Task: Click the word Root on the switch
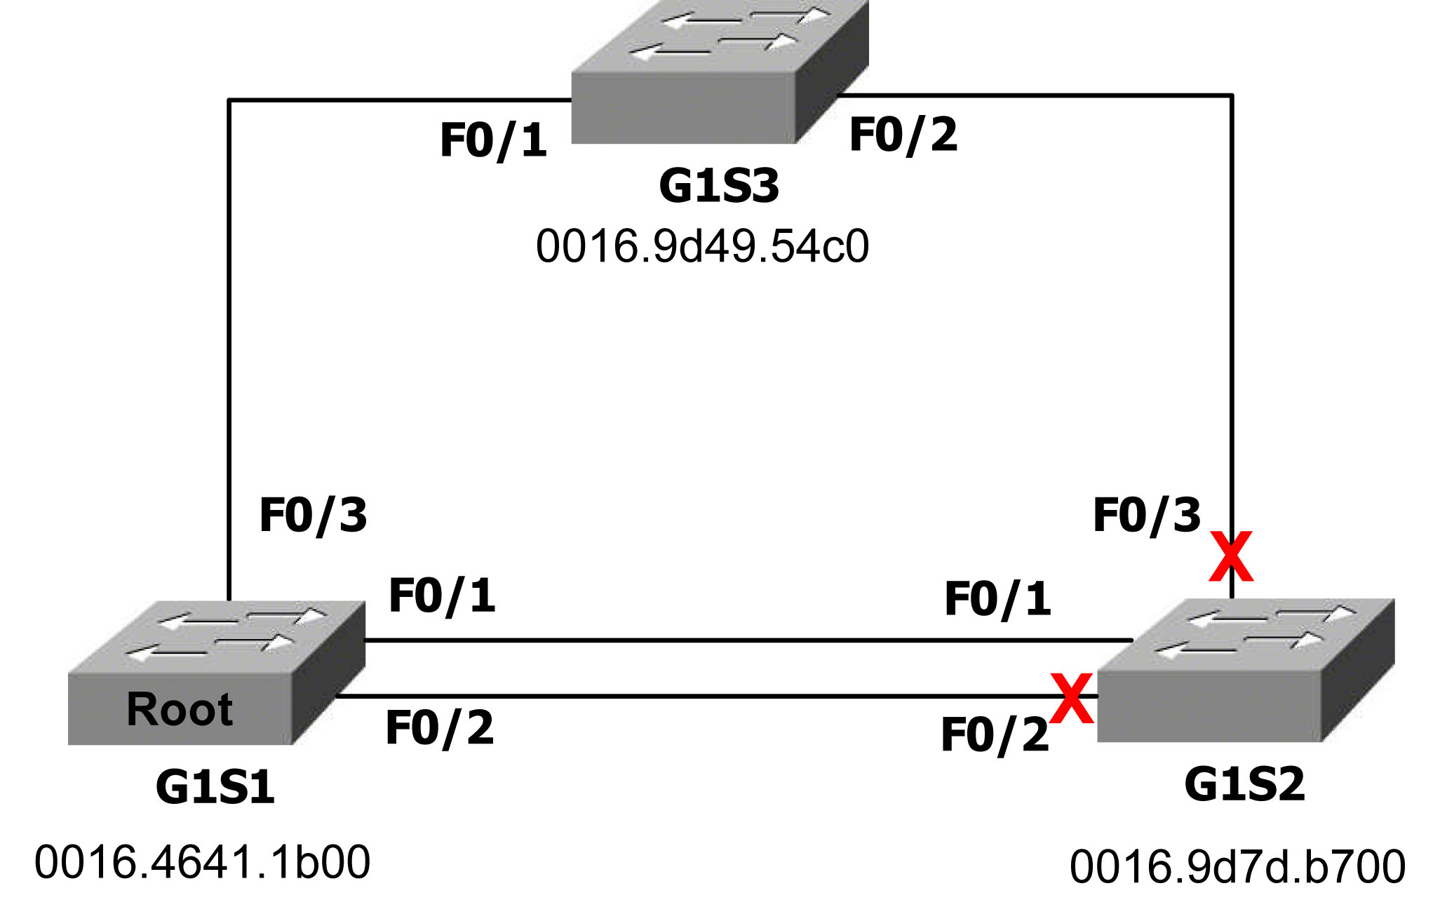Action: pyautogui.click(x=180, y=709)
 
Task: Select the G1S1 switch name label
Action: pyautogui.click(x=215, y=787)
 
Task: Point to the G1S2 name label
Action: pyautogui.click(x=1244, y=784)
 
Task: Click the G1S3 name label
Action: pyautogui.click(x=719, y=187)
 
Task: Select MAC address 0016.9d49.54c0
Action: pyautogui.click(x=702, y=246)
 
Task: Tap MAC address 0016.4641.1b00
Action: pyautogui.click(x=202, y=862)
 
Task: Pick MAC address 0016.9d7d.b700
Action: pyautogui.click(x=1237, y=866)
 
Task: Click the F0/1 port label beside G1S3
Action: pyautogui.click(x=493, y=140)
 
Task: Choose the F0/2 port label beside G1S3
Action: pyautogui.click(x=903, y=135)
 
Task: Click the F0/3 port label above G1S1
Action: pyautogui.click(x=313, y=516)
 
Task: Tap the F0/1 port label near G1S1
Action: pyautogui.click(x=442, y=596)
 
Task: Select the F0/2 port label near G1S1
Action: pyautogui.click(x=440, y=728)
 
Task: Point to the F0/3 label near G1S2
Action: pyautogui.click(x=1147, y=516)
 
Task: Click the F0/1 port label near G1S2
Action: pyautogui.click(x=997, y=600)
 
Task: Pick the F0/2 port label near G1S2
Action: pyautogui.click(x=995, y=735)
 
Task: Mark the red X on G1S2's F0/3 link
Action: pyautogui.click(x=1231, y=556)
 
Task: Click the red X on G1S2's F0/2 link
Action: pyautogui.click(x=1071, y=698)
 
